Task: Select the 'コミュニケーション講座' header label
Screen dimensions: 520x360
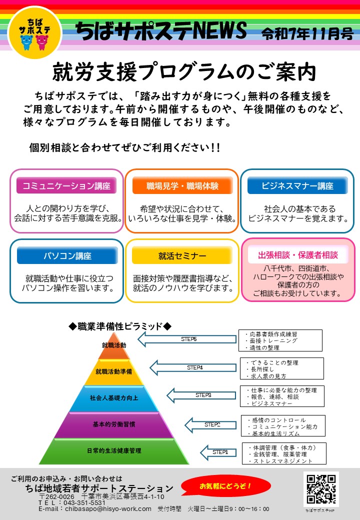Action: click(66, 186)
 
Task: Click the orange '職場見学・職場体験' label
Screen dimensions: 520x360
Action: click(182, 186)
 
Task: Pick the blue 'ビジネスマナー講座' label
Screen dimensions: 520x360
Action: click(297, 186)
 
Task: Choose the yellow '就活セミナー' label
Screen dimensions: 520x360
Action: click(182, 255)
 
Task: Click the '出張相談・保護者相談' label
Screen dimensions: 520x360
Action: click(298, 254)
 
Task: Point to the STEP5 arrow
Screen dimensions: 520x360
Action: click(187, 339)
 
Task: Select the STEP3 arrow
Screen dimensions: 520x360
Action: click(202, 395)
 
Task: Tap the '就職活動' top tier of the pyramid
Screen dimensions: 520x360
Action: click(114, 345)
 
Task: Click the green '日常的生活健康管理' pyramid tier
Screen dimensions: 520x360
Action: click(114, 450)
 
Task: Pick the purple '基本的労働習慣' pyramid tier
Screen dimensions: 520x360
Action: click(114, 424)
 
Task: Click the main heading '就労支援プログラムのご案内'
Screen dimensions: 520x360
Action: click(184, 73)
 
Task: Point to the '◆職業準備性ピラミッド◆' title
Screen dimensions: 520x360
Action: click(120, 326)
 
